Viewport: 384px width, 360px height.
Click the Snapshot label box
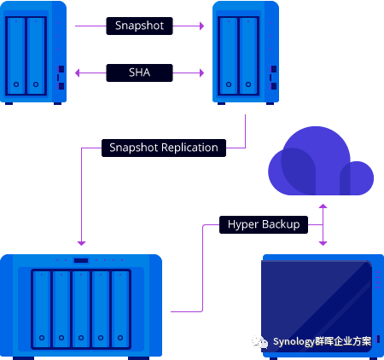tap(139, 26)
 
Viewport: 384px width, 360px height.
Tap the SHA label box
tap(139, 73)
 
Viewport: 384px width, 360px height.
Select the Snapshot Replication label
tap(164, 148)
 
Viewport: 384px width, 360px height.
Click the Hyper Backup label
tap(264, 224)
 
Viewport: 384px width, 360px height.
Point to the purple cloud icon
tap(321, 162)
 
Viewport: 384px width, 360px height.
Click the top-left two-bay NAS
tap(33, 53)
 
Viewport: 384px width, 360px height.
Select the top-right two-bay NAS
tap(246, 53)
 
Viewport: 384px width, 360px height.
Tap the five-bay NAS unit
tap(81, 306)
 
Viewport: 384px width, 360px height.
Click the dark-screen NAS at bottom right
tap(323, 306)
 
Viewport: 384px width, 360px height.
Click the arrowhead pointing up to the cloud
tap(323, 206)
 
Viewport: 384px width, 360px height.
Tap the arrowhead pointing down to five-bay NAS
tap(81, 243)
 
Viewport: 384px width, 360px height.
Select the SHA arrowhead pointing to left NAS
tap(77, 73)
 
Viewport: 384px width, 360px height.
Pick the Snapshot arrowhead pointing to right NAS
tap(202, 26)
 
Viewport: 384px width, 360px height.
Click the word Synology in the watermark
tap(294, 341)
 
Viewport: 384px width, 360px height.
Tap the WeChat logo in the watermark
tap(260, 341)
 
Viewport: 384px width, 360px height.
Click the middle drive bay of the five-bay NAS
tap(81, 309)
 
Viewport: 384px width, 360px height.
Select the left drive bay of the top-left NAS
tap(16, 55)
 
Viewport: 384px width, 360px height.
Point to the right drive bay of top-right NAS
tap(248, 55)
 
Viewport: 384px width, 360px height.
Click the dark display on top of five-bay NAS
tap(81, 260)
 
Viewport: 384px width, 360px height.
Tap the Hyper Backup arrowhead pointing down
tap(323, 243)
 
